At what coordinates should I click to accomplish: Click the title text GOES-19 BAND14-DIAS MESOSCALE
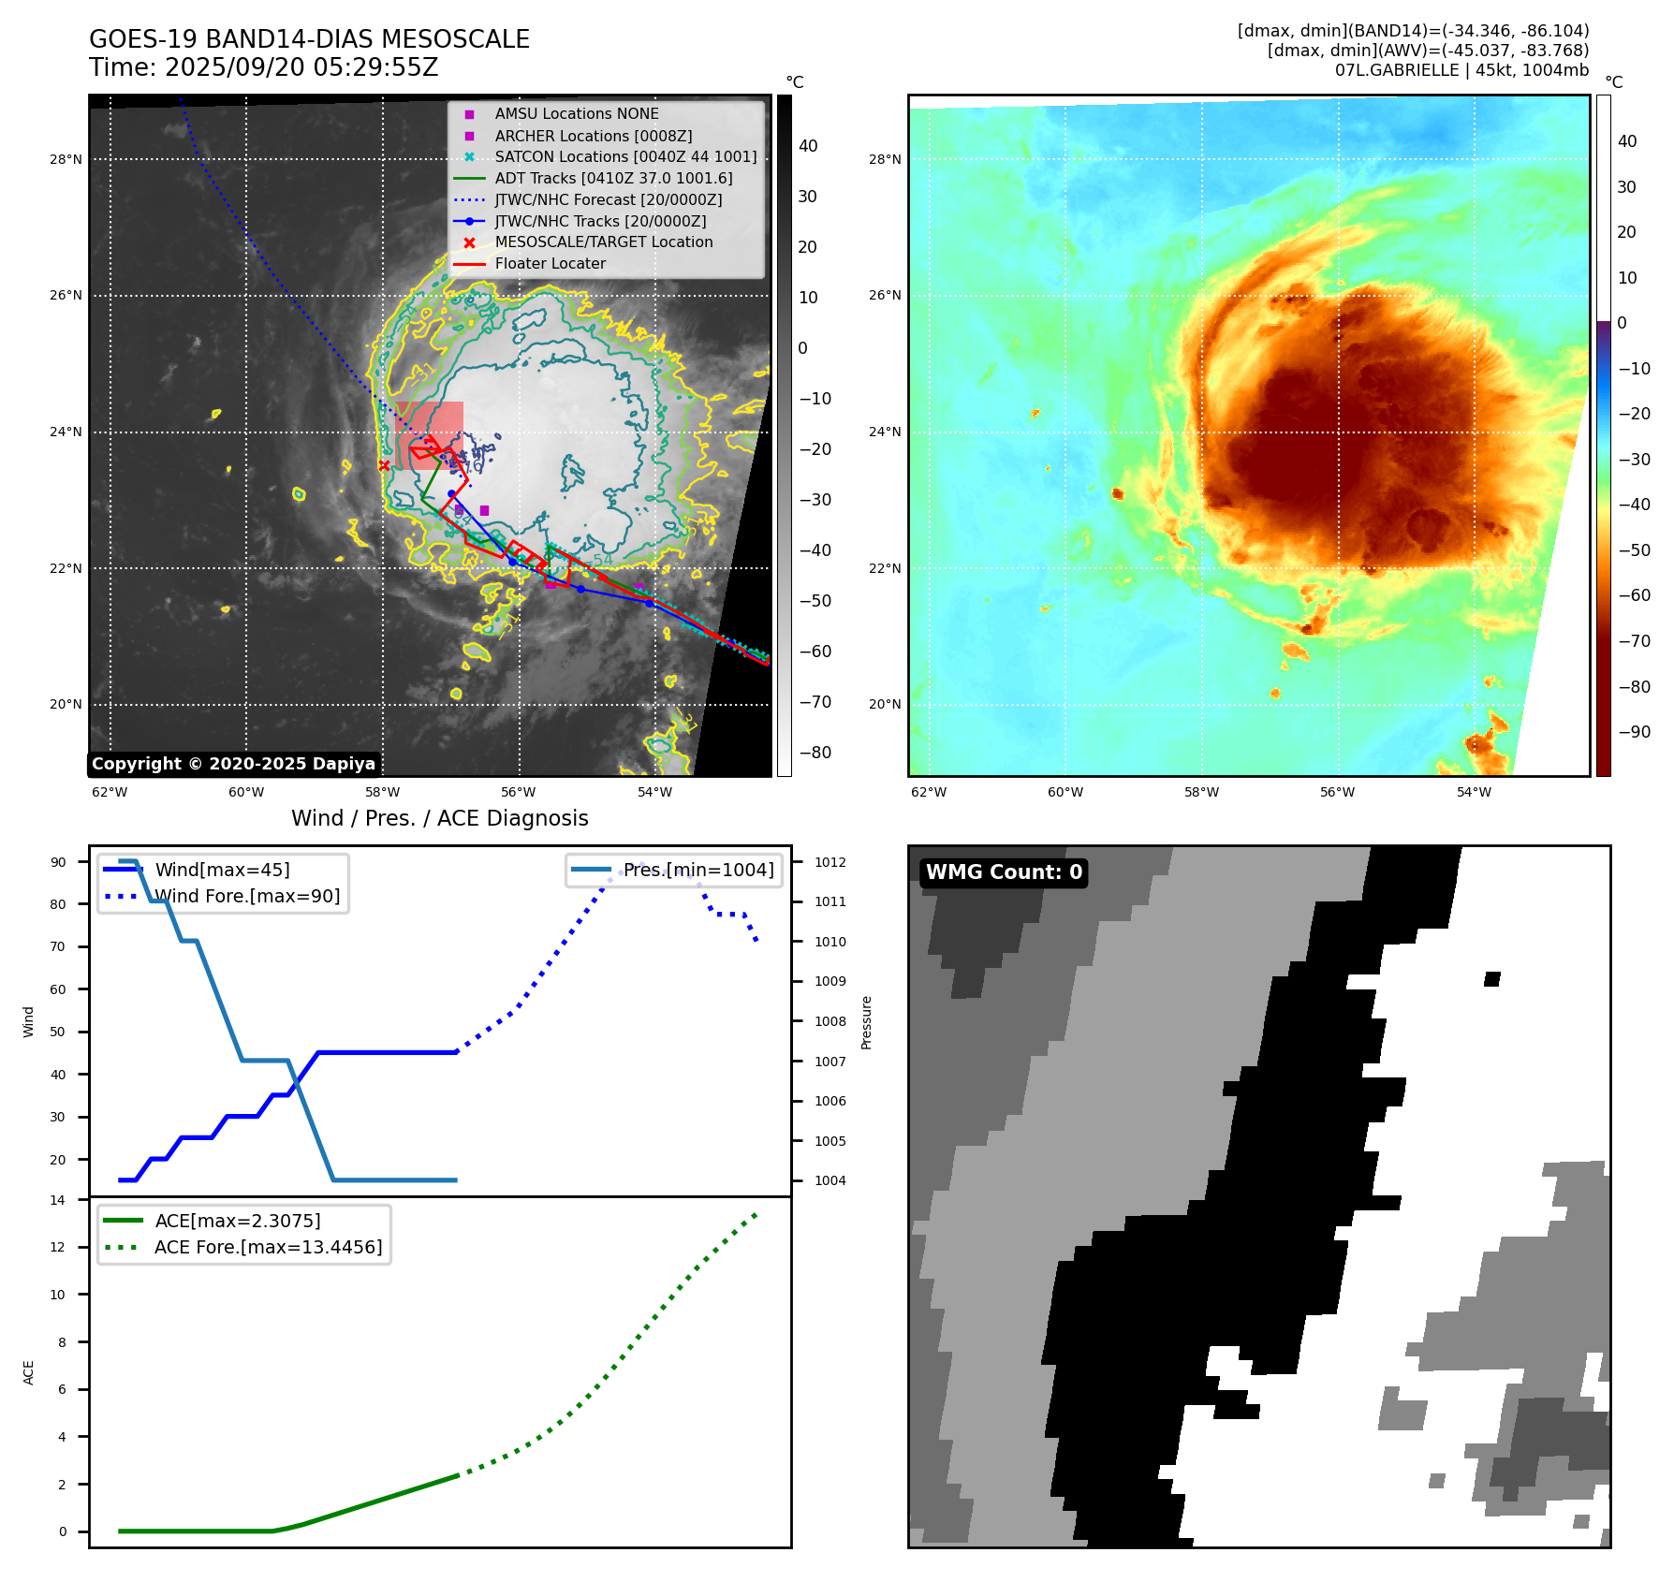tap(309, 39)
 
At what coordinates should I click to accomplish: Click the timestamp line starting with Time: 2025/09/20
tap(263, 67)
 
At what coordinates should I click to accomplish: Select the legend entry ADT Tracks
tap(613, 178)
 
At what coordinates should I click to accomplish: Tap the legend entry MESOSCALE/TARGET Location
tap(603, 242)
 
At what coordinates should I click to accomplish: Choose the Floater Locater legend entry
tap(550, 264)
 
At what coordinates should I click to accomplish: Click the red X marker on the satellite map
tap(384, 465)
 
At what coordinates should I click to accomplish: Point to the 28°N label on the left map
tap(66, 160)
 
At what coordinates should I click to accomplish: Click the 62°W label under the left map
tap(110, 792)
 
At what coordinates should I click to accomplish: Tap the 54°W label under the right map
tap(1474, 792)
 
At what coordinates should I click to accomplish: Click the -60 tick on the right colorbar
tap(1635, 595)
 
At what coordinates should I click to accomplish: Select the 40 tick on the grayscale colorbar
tap(807, 146)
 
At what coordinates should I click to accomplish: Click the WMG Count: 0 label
tap(1004, 872)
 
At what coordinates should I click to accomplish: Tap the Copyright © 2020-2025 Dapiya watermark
tap(233, 764)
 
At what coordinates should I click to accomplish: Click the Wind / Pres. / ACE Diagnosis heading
tap(439, 818)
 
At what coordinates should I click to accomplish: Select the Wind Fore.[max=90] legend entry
tap(247, 897)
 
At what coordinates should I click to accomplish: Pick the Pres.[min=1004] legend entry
tap(698, 870)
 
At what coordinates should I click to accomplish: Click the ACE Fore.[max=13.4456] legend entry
tap(268, 1248)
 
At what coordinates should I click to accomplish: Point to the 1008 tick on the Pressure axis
tap(830, 1021)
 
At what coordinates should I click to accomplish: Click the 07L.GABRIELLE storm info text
tap(1461, 70)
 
